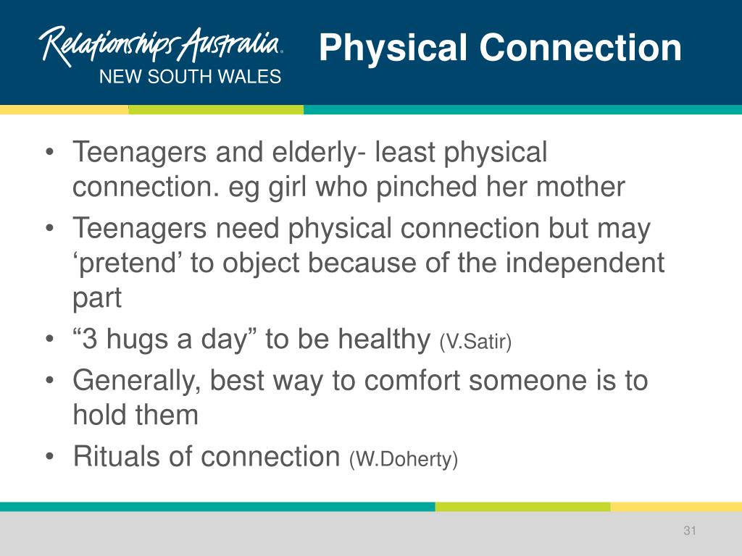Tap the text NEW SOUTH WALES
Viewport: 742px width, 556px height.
[190, 77]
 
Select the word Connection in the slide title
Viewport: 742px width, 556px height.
[580, 49]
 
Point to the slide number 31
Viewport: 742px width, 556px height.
[689, 531]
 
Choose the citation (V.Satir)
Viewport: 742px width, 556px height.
[475, 342]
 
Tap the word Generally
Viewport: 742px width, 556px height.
[136, 380]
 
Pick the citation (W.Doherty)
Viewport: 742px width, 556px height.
[404, 459]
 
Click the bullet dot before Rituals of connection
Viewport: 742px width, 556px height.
[49, 458]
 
